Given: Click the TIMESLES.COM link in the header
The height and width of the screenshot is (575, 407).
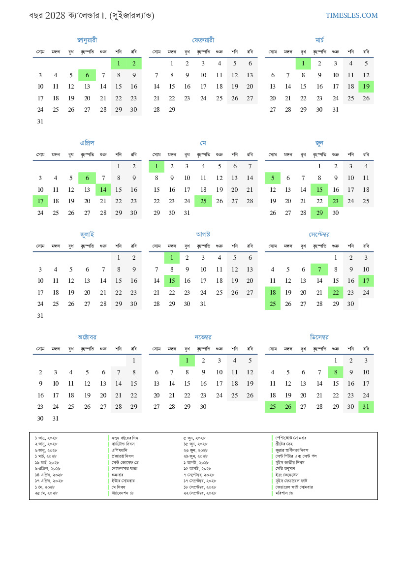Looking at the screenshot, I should [x=351, y=15].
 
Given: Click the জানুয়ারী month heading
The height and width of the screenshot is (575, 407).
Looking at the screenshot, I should [x=87, y=40].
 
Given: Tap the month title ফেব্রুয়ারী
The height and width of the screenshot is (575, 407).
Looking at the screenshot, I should [x=203, y=40].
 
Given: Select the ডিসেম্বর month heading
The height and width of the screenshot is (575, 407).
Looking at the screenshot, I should [x=319, y=337].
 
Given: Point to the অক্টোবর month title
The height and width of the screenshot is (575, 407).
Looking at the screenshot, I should [x=87, y=337].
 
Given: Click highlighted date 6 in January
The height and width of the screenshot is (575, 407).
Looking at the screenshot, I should [x=87, y=75].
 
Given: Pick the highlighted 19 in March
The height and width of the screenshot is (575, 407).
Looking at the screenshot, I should [x=366, y=87].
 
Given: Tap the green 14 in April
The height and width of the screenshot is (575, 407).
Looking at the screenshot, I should [x=103, y=190].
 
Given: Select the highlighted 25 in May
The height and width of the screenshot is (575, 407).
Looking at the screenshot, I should [x=203, y=201].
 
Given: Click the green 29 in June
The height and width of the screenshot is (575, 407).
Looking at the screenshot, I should [x=319, y=213].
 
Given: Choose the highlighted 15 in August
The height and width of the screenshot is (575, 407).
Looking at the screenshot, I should [x=172, y=281].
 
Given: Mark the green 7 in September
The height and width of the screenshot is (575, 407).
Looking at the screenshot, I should [x=319, y=270].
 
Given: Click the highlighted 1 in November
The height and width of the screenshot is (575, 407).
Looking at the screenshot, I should [x=187, y=361].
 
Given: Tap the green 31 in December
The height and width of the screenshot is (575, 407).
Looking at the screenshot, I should [x=366, y=407].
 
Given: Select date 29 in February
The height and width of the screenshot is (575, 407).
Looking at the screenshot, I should [x=172, y=110].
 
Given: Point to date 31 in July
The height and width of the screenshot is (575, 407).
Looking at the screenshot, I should [x=40, y=316].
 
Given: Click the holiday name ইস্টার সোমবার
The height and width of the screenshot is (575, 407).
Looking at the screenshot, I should [x=123, y=481].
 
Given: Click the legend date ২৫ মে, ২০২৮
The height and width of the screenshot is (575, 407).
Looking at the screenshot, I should [x=46, y=493].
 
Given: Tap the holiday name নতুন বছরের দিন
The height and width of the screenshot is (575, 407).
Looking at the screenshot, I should [x=125, y=438].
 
